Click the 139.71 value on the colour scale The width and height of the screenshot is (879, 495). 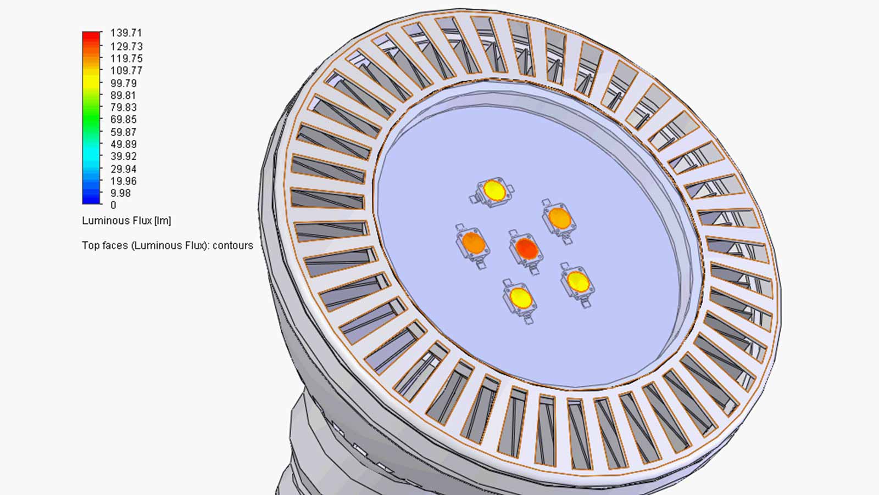tap(126, 33)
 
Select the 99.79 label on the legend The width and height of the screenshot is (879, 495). tap(123, 83)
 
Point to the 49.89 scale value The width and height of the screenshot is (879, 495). tap(123, 144)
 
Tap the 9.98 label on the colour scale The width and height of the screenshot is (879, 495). tap(120, 193)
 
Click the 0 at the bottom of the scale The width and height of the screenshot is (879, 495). tap(113, 205)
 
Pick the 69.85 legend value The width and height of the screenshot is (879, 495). tap(123, 120)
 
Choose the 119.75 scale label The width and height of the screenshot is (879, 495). tap(126, 59)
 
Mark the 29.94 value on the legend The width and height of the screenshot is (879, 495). tap(123, 169)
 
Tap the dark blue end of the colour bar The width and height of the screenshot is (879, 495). tap(91, 199)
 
